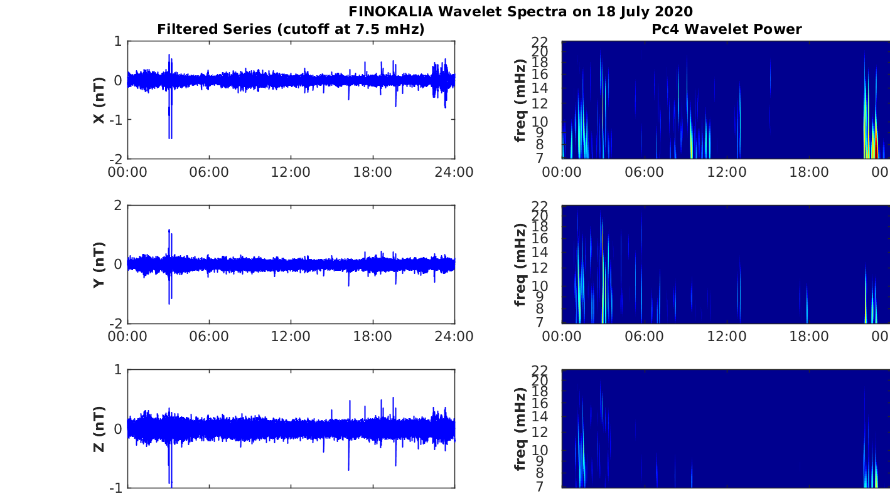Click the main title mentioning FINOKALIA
[x=520, y=11]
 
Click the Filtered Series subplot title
[x=291, y=29]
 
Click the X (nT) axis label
[x=99, y=100]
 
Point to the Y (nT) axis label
[x=99, y=265]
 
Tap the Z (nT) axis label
[x=99, y=429]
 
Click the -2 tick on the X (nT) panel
[x=117, y=159]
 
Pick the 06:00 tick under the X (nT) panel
[x=209, y=172]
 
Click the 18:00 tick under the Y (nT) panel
[x=373, y=337]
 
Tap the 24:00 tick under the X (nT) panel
[x=454, y=172]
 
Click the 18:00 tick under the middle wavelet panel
[x=808, y=337]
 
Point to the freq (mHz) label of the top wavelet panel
[x=520, y=100]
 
